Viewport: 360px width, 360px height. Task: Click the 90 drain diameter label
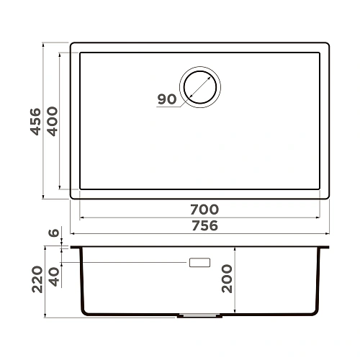167,99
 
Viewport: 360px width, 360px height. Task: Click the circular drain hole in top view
201,87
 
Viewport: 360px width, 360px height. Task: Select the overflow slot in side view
199,263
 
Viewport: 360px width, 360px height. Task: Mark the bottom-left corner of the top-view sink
72,197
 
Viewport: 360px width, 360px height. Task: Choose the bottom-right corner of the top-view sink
328,197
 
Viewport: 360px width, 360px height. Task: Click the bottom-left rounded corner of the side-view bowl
84,311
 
